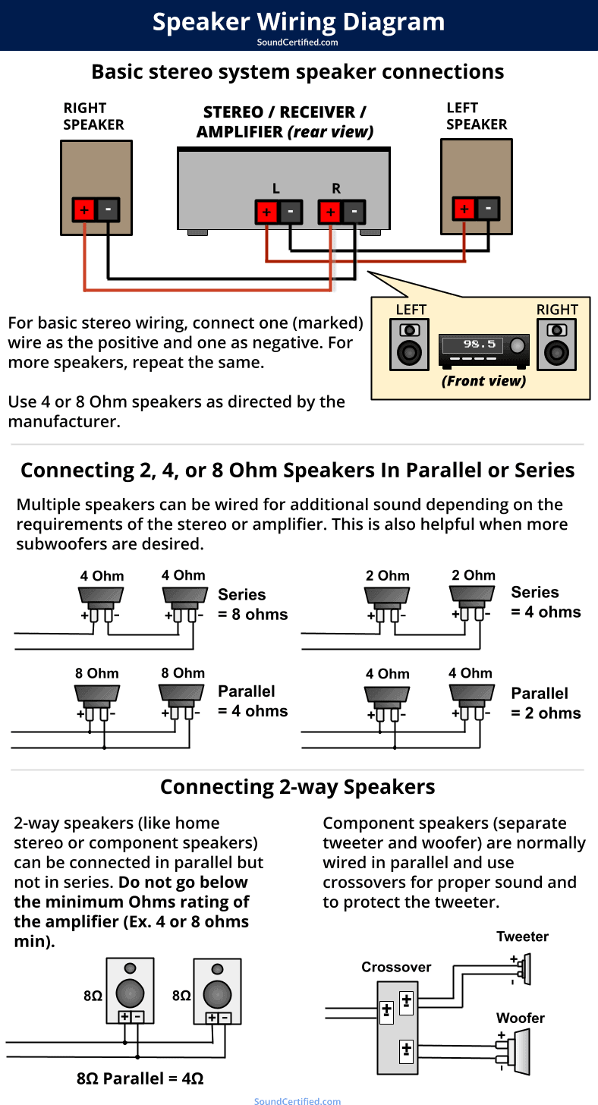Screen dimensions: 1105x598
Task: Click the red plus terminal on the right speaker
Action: [x=83, y=209]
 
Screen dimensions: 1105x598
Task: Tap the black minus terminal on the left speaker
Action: [x=488, y=207]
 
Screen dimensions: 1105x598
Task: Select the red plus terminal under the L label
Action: [x=266, y=212]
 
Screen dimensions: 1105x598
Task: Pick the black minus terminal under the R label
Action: [x=353, y=212]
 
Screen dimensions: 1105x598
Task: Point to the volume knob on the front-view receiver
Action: [x=518, y=346]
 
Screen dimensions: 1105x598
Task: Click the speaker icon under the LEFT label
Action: [x=410, y=345]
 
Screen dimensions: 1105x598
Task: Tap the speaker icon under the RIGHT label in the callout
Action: [x=557, y=345]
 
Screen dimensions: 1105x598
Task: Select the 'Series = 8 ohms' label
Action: [x=253, y=605]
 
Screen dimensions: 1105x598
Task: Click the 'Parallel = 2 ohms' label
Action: [x=546, y=704]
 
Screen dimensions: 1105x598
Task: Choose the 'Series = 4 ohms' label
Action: [x=546, y=603]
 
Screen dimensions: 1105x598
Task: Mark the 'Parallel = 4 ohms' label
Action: [x=253, y=701]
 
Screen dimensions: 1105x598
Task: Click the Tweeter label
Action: [x=522, y=937]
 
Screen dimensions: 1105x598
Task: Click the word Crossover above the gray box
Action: [x=396, y=967]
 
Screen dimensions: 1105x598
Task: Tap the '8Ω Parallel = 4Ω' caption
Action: [x=140, y=1078]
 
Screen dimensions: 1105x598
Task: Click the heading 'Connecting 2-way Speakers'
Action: [x=297, y=787]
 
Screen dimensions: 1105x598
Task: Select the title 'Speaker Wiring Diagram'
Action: [x=298, y=21]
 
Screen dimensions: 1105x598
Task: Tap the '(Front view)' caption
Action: [x=483, y=381]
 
